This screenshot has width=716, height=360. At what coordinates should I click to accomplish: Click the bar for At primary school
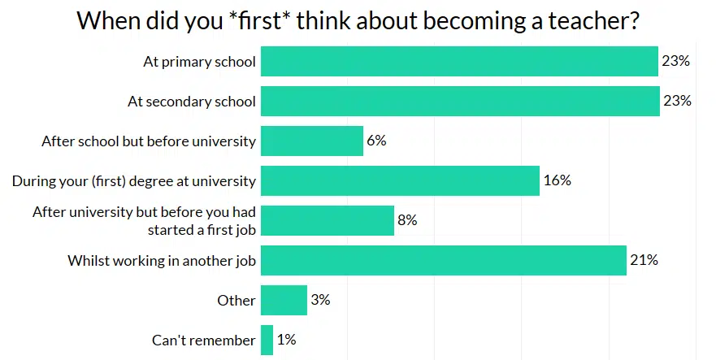(x=459, y=61)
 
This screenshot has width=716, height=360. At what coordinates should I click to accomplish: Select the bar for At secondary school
(x=460, y=101)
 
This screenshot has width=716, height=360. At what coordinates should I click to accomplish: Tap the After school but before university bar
(x=312, y=141)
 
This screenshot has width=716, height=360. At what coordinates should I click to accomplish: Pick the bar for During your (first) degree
(x=400, y=180)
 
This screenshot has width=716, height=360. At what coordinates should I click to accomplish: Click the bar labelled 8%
(x=328, y=220)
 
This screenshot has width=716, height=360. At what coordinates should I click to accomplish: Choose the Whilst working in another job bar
(x=444, y=260)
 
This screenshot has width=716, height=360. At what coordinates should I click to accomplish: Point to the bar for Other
(x=284, y=300)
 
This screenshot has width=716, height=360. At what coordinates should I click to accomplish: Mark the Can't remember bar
(x=267, y=340)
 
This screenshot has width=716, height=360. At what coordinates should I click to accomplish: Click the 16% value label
(x=558, y=180)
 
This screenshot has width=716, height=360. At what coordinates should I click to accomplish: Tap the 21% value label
(x=644, y=260)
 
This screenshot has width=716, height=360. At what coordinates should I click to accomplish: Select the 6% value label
(x=376, y=141)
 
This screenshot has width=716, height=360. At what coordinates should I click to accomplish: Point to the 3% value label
(x=320, y=300)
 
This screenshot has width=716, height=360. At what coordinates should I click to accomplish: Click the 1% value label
(x=286, y=340)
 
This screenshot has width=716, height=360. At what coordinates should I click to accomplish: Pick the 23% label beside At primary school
(x=675, y=61)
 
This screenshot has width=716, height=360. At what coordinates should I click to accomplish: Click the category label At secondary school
(x=192, y=102)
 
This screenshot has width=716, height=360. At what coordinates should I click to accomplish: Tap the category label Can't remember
(x=204, y=340)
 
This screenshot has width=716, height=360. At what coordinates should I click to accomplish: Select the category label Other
(x=236, y=300)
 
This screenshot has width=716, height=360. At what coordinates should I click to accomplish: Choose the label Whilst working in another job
(x=162, y=260)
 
